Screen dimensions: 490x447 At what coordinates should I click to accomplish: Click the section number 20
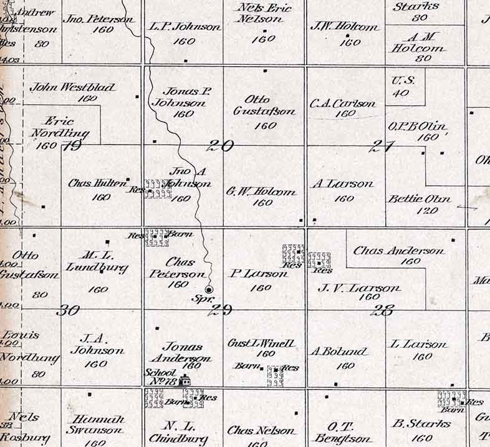221,147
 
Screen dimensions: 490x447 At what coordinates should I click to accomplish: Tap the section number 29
221,310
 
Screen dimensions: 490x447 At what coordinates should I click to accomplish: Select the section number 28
382,310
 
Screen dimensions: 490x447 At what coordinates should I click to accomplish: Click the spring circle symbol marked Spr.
209,289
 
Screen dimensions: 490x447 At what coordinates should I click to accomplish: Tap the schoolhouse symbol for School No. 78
185,382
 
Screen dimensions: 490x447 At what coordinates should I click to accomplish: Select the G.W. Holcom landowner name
262,192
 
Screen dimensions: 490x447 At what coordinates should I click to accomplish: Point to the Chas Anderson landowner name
399,251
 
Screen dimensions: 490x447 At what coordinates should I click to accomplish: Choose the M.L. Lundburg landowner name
97,262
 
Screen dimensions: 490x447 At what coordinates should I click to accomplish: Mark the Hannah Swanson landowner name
96,424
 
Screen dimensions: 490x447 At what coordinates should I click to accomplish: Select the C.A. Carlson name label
343,104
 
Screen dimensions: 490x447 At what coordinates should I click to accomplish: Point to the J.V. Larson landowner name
359,288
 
